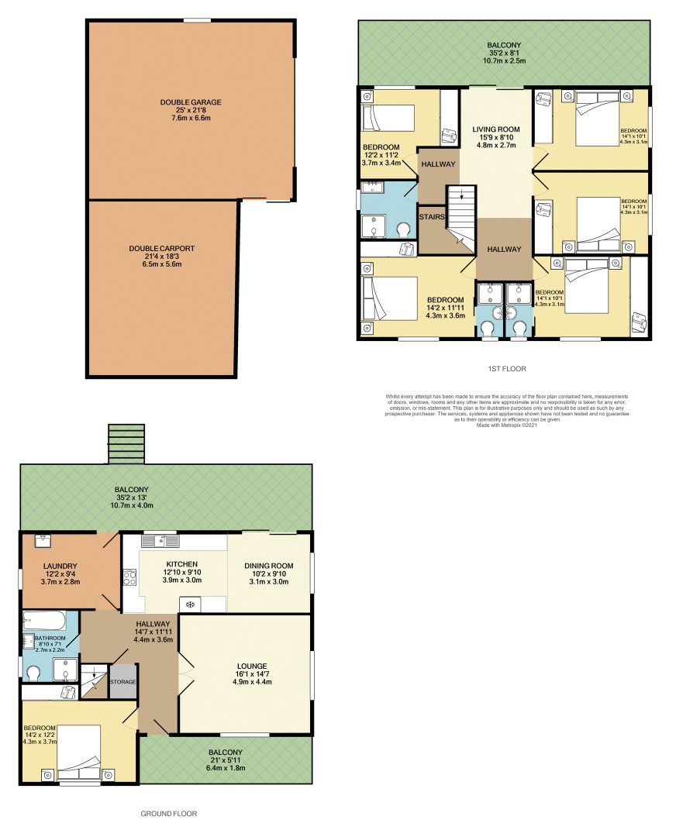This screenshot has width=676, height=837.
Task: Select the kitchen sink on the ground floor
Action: click(160, 540)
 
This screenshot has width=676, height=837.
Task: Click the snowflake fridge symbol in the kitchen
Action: click(189, 603)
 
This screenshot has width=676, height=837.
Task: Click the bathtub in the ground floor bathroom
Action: click(47, 619)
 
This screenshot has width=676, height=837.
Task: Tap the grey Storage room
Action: click(122, 682)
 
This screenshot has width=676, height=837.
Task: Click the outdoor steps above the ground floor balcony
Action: click(127, 443)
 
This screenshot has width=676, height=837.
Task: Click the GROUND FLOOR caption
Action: click(168, 814)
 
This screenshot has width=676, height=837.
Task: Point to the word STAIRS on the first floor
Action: click(433, 217)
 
